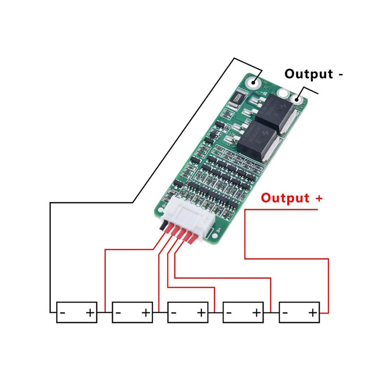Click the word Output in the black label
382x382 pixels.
point(308,74)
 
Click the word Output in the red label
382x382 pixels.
point(285,198)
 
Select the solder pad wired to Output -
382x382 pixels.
point(297,99)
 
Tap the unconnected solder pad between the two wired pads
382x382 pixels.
point(283,94)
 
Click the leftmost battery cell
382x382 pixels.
point(77,312)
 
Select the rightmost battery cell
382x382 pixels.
point(299,312)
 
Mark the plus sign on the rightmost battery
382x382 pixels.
point(314,313)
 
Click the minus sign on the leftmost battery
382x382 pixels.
point(63,313)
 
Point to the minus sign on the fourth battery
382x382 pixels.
point(230,313)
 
